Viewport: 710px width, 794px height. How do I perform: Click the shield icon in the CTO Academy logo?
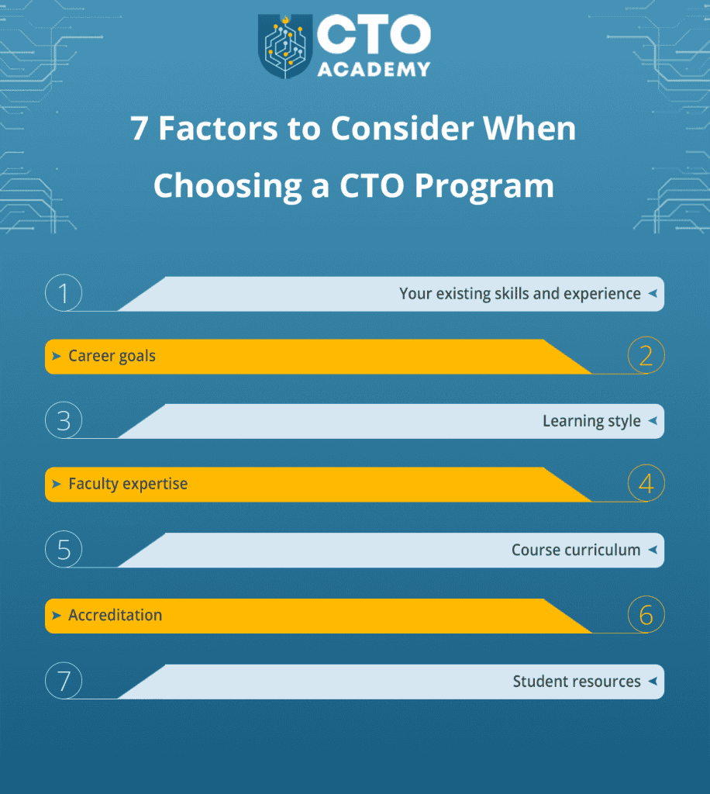[286, 46]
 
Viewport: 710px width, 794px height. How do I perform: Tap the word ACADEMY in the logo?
[374, 68]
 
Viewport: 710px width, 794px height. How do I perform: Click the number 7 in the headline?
[139, 129]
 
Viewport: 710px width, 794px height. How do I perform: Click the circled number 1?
[64, 294]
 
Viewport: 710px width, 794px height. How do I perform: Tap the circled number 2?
[646, 356]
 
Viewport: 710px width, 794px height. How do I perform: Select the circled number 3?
[64, 421]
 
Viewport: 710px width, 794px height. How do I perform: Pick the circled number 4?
[646, 484]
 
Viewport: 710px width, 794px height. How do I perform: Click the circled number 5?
[64, 550]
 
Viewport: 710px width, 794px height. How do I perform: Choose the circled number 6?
[646, 616]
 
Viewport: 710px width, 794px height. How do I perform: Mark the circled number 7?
[64, 682]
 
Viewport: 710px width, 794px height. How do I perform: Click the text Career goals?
[112, 357]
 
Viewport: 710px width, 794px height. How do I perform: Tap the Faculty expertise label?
[128, 484]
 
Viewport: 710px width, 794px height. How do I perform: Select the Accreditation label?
[115, 616]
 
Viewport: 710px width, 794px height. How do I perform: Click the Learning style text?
[591, 421]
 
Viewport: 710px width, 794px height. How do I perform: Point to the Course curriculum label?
[576, 550]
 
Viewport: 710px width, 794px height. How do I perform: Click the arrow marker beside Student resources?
[652, 682]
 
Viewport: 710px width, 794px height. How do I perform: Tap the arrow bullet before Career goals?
[57, 357]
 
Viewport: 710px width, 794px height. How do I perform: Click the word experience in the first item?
[602, 294]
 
